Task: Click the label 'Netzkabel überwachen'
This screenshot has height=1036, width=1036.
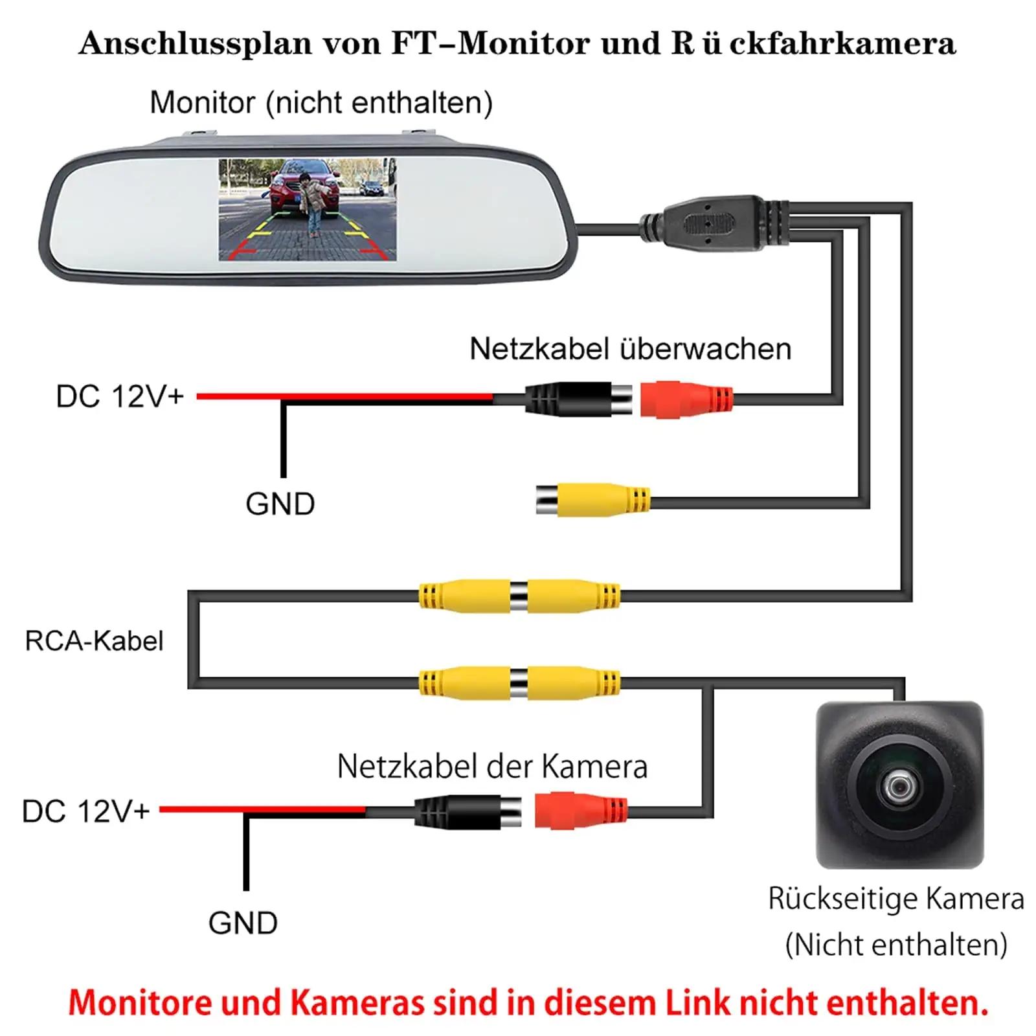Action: [x=630, y=349]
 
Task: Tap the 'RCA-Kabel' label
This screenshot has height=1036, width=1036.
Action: [x=94, y=641]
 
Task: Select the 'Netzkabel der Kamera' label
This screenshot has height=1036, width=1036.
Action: [x=492, y=767]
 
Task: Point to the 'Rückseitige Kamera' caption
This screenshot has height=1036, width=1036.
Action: [x=896, y=899]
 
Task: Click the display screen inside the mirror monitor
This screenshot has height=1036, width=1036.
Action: [x=307, y=210]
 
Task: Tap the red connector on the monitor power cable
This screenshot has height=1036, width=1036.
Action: [x=686, y=399]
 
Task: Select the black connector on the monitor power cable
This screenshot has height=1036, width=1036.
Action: [x=578, y=399]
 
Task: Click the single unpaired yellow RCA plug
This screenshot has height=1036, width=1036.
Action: [x=592, y=501]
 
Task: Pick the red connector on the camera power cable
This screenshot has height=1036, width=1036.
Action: [x=581, y=810]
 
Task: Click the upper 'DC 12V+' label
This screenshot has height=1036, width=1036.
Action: [x=120, y=397]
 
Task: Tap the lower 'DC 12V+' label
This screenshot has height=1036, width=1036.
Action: [x=86, y=811]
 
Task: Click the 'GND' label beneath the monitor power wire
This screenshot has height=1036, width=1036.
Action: [x=280, y=504]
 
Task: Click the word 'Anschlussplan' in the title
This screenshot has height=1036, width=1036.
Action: [x=195, y=44]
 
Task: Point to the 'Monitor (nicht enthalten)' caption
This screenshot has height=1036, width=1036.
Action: [x=321, y=103]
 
